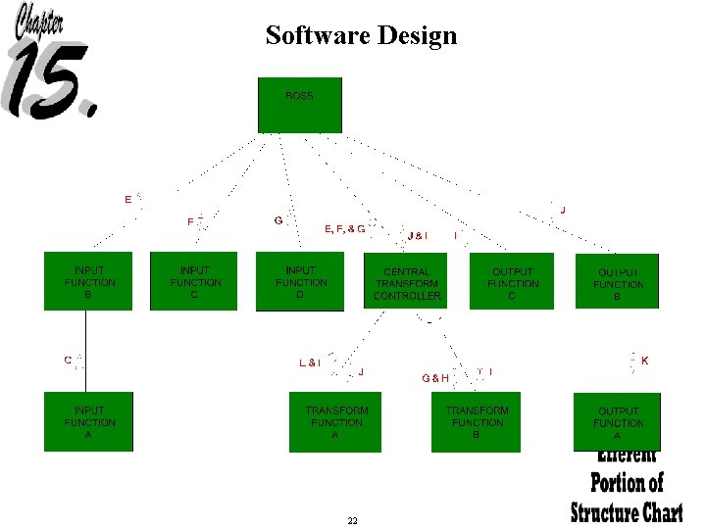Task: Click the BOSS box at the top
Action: click(299, 105)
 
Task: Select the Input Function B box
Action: click(89, 281)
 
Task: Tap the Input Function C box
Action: click(193, 281)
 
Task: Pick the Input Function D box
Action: click(300, 281)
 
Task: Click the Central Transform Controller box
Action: click(406, 281)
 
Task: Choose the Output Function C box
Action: click(512, 281)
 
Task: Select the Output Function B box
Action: click(617, 281)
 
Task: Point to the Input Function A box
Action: click(89, 421)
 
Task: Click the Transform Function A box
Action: click(335, 421)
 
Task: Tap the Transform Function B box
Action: click(477, 421)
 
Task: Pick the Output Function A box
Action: click(617, 421)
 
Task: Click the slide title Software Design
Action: click(361, 36)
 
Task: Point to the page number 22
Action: click(352, 520)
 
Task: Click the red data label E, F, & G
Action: click(344, 229)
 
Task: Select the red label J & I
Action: click(418, 236)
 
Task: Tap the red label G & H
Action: click(435, 378)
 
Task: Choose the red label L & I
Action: click(310, 362)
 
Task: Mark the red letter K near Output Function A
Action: click(644, 361)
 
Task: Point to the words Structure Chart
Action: click(628, 511)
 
